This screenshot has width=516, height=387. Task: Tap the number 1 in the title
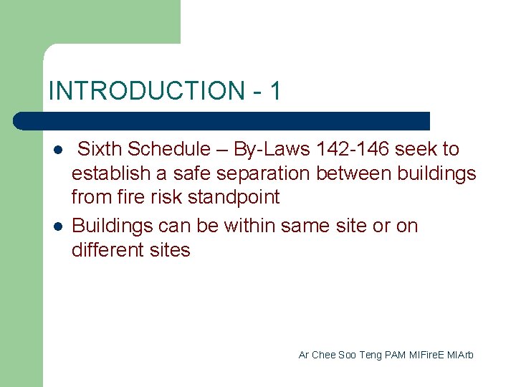(x=275, y=91)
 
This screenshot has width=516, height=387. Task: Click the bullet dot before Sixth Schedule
(x=57, y=150)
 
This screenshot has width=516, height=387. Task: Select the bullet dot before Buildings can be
(x=57, y=227)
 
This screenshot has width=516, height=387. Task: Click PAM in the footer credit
(x=395, y=355)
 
